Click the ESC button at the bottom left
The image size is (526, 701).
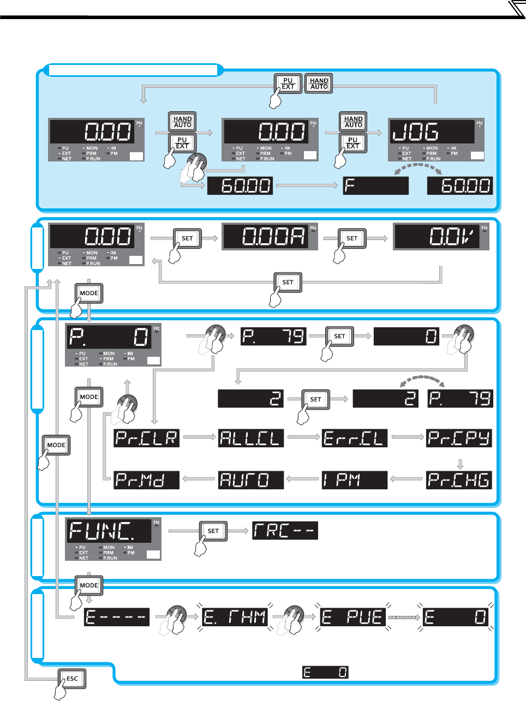[x=72, y=679]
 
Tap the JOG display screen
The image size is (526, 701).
[x=432, y=132]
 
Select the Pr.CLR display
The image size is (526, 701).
[x=147, y=438]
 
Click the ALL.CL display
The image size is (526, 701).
[x=251, y=438]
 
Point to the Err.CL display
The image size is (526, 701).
[x=355, y=438]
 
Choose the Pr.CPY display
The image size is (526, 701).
[x=459, y=438]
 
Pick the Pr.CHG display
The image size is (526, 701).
[x=459, y=480]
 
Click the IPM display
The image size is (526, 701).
[x=355, y=480]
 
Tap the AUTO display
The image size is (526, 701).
[x=251, y=480]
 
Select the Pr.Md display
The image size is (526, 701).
[x=147, y=480]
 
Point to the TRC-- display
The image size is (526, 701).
[x=285, y=531]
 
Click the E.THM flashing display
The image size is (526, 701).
[x=235, y=617]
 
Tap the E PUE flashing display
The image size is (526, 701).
[x=353, y=617]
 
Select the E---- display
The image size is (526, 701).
[x=117, y=617]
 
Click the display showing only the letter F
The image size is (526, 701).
[x=375, y=186]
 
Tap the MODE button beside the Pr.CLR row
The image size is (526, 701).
[x=56, y=445]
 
